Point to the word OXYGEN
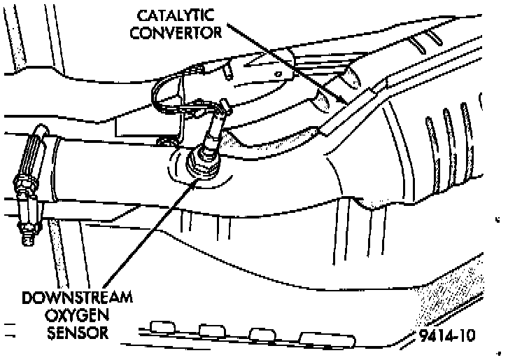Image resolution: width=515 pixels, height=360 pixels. pos(76,314)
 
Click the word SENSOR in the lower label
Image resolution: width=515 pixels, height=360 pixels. pos(77,332)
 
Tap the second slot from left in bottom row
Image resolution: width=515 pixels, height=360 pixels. pos(210,330)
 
